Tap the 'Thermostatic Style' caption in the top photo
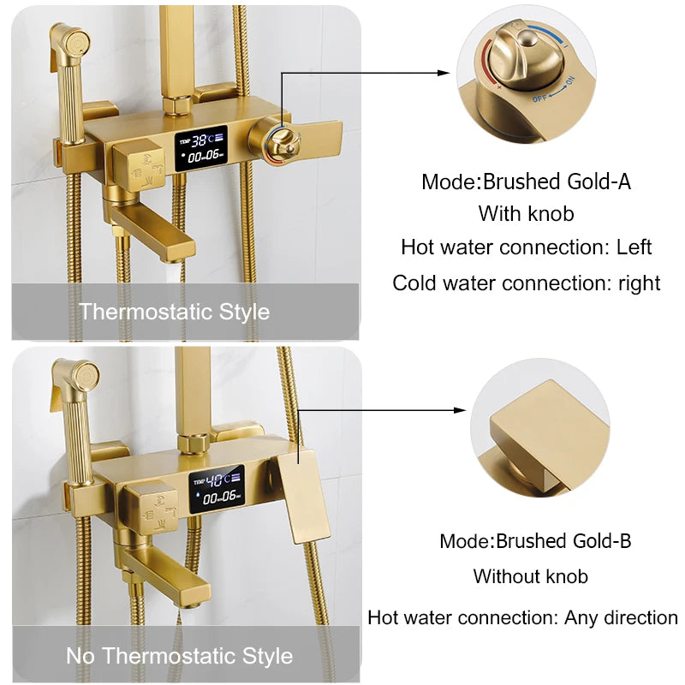175,312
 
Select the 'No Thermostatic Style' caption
180,657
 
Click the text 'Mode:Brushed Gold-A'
526,182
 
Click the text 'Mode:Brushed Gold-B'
535,541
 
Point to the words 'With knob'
526,213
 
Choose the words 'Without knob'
530,576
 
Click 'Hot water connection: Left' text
526,247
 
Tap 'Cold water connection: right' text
526,283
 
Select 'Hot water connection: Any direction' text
522,617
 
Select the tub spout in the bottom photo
171,579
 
